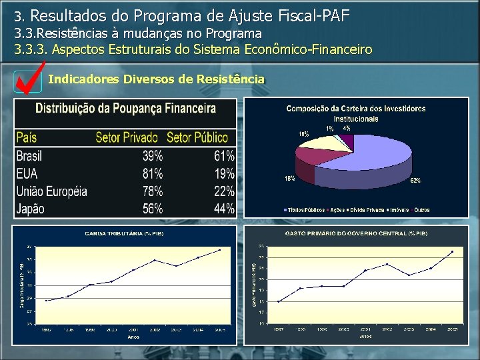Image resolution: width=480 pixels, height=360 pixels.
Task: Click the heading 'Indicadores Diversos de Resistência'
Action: [157, 79]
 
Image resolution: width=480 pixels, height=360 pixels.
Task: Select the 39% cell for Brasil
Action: [153, 156]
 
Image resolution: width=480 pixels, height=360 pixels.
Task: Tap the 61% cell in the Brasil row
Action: [224, 156]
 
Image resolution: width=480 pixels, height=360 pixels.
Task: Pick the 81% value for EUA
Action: [153, 173]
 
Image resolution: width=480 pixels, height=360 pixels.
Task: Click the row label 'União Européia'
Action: [51, 191]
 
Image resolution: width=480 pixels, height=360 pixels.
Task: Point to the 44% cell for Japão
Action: [224, 209]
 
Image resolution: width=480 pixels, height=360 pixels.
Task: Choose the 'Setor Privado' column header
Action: [127, 138]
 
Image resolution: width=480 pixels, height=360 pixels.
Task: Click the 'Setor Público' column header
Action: [197, 138]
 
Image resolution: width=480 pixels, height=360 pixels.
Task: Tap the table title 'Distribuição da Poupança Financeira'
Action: [125, 108]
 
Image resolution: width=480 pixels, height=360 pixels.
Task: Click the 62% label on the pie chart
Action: [415, 180]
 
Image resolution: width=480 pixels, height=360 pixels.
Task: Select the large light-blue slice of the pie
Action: [373, 163]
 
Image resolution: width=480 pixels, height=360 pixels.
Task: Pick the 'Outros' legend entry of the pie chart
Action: [421, 210]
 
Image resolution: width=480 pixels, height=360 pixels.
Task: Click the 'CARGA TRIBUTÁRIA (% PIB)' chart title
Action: [124, 233]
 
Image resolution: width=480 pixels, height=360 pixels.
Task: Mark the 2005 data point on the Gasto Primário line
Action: [453, 251]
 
